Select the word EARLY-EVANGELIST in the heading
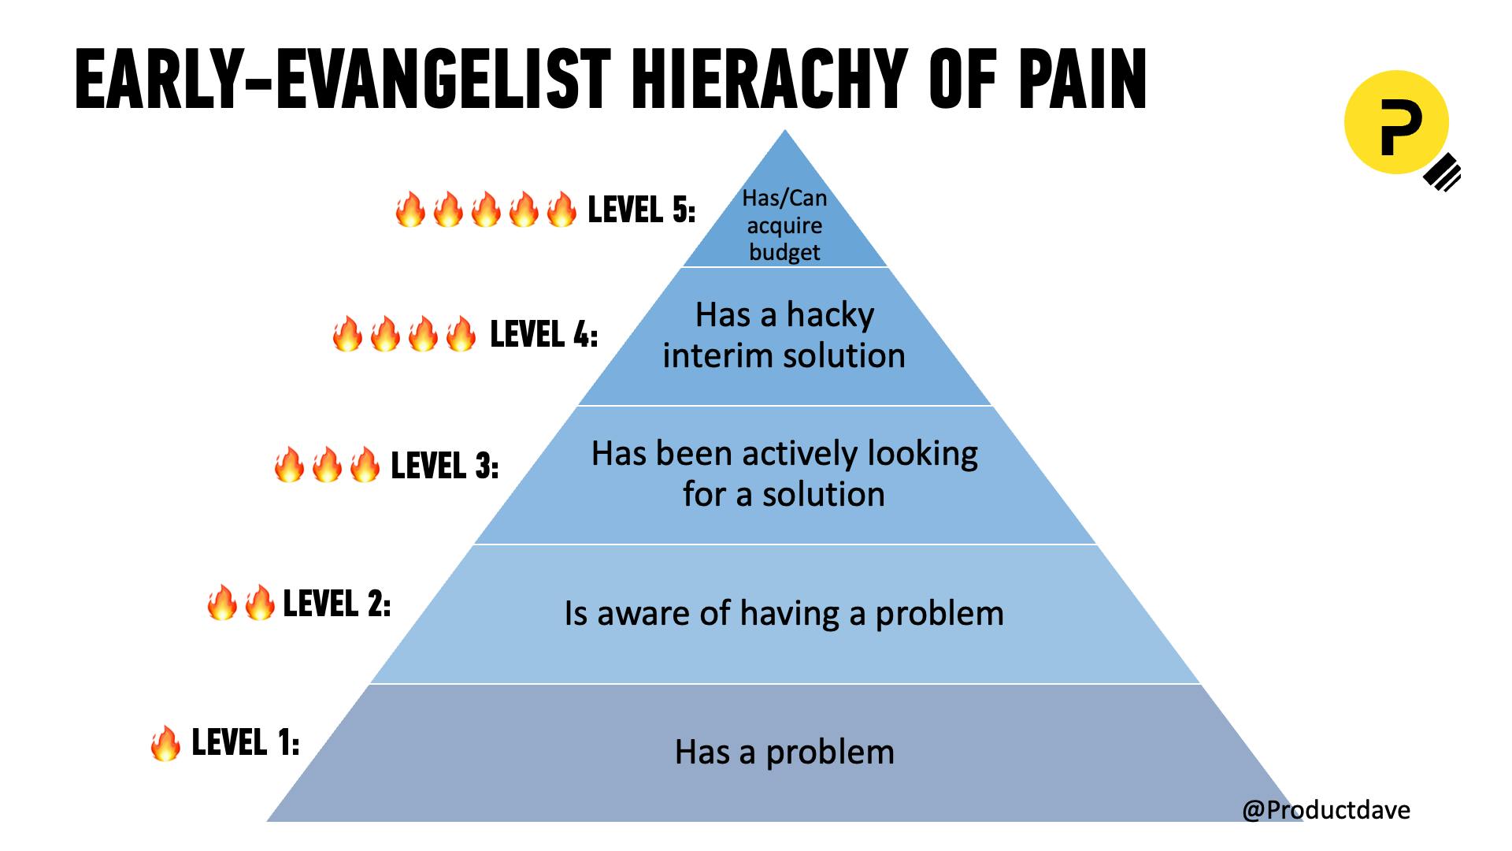[343, 80]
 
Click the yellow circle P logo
[1396, 122]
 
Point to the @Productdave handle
[1325, 809]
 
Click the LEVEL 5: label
[641, 210]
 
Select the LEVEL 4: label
[543, 335]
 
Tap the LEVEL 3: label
[444, 466]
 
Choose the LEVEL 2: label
[336, 604]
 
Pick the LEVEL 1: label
[245, 742]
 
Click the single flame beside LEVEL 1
[165, 743]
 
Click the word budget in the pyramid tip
[784, 252]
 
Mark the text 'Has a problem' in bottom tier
[784, 752]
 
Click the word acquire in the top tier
[784, 226]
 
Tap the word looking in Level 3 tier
[922, 455]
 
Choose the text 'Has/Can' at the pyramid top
[784, 199]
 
